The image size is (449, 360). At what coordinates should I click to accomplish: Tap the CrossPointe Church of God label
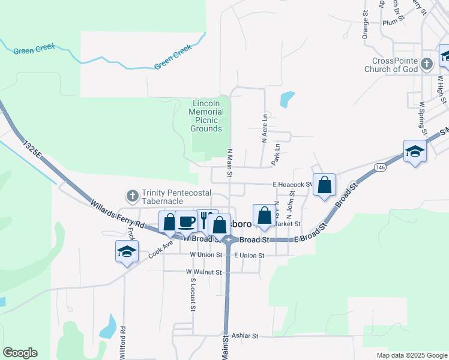click(394, 65)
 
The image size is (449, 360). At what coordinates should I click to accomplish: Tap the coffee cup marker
click(186, 221)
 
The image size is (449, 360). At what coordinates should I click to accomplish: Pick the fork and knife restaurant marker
click(205, 220)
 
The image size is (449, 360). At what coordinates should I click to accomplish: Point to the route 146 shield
click(381, 168)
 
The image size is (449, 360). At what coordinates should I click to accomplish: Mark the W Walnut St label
click(205, 272)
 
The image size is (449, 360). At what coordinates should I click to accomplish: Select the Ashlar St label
click(244, 336)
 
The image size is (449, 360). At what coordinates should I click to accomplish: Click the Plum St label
click(390, 22)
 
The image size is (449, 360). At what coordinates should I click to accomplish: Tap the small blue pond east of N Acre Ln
click(288, 99)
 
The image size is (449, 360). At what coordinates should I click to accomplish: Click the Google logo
click(20, 353)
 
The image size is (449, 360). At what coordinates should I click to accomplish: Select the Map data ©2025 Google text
click(411, 355)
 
